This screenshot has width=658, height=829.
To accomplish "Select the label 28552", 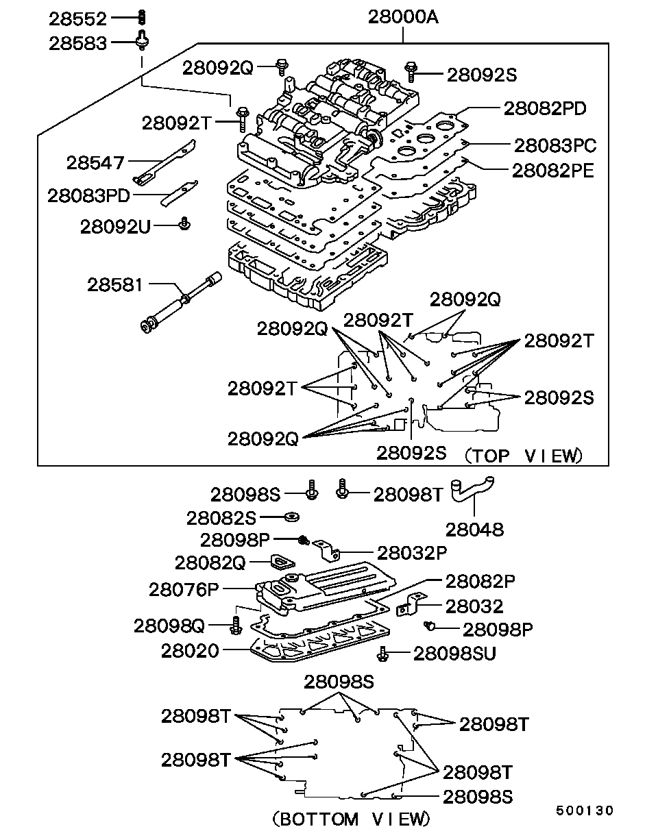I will click(x=77, y=18).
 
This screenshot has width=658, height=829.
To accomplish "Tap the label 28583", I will click(x=77, y=43).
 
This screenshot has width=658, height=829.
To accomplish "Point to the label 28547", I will click(x=95, y=163).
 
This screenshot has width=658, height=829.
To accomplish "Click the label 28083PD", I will click(x=88, y=195).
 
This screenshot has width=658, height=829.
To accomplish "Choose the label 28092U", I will click(x=114, y=226).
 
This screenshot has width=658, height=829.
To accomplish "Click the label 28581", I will click(x=114, y=284).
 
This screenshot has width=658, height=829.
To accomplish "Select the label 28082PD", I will click(x=545, y=108).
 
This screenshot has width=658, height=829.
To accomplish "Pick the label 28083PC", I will click(x=555, y=145).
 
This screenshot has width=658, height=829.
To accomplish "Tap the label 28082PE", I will click(x=553, y=170).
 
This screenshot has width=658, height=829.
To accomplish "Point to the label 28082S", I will click(x=221, y=517).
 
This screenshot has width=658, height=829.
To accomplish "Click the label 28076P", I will click(x=183, y=589).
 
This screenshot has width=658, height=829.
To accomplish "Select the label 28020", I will click(x=190, y=650).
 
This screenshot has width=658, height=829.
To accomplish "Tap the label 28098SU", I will click(x=454, y=654).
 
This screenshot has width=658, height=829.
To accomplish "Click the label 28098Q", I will click(x=169, y=625).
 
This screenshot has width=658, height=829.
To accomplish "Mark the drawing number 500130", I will click(x=584, y=811).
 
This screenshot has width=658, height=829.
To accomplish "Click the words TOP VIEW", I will click(x=524, y=455).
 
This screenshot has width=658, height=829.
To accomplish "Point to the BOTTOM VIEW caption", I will click(x=351, y=819).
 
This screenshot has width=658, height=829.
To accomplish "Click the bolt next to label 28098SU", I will click(x=383, y=655).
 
